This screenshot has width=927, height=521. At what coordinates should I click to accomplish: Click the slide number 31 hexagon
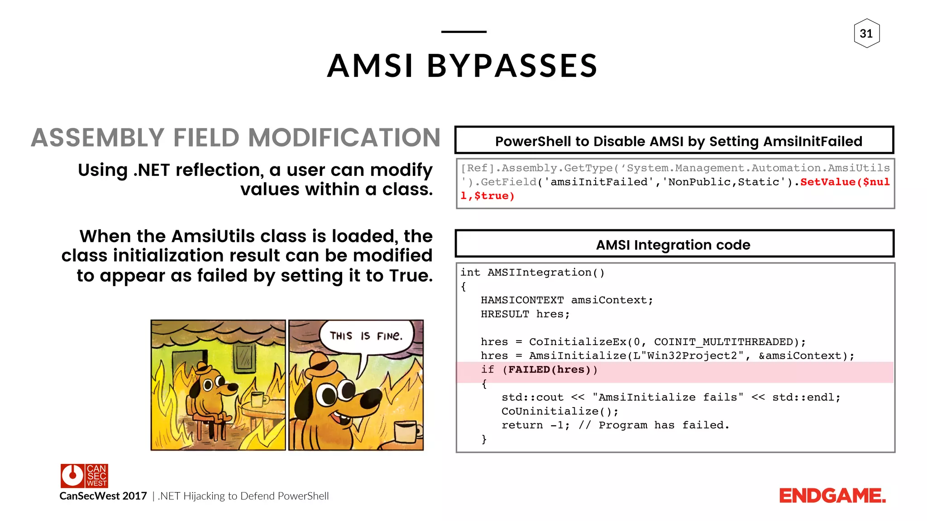[x=866, y=33]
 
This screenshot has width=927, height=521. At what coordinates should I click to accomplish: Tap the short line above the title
[x=463, y=32]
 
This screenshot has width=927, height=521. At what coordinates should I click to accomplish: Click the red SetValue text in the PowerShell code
[x=827, y=182]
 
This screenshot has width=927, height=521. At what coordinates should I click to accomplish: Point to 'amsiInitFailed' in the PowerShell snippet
[x=598, y=182]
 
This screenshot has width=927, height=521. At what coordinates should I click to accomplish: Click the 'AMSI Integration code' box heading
[x=674, y=245]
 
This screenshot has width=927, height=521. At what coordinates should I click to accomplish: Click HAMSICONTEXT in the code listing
[x=522, y=300]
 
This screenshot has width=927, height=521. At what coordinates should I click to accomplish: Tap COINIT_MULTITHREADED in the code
[x=723, y=342]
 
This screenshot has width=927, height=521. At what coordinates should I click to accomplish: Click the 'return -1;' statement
[x=535, y=425]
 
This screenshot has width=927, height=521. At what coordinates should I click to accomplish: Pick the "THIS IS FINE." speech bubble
[x=366, y=336]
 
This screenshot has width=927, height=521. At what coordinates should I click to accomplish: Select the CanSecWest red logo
[x=84, y=476]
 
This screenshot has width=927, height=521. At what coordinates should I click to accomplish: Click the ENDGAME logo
[x=832, y=496]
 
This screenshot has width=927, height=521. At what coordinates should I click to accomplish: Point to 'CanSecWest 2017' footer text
[x=103, y=496]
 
